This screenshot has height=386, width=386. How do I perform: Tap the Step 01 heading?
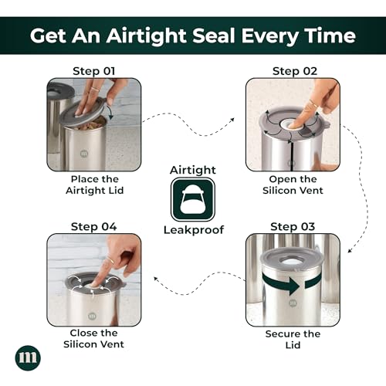pos(94,71)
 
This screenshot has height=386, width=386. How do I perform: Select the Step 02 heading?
pos(295,71)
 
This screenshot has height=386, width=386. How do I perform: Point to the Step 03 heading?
pos(293,227)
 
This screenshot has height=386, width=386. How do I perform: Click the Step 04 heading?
pos(94,227)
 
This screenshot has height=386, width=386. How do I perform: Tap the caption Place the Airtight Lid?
pos(95,185)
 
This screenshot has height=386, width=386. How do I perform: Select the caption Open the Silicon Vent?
pos(293,185)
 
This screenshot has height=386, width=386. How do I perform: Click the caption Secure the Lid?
pos(293,339)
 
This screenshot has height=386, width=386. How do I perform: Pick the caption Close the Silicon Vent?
pos(93,338)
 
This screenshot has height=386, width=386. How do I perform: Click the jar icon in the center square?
pos(193,200)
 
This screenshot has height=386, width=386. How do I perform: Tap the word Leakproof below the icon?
pos(194,230)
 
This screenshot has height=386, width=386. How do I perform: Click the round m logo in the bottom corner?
pos(28,357)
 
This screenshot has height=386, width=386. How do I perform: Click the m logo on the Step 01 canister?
pos(84,154)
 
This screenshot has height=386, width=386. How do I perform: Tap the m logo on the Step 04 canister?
pos(92,316)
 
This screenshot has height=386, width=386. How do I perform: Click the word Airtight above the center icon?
pos(193,170)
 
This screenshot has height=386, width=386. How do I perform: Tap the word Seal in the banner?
pos(214,36)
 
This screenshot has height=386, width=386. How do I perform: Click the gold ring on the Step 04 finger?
pos(110,260)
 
